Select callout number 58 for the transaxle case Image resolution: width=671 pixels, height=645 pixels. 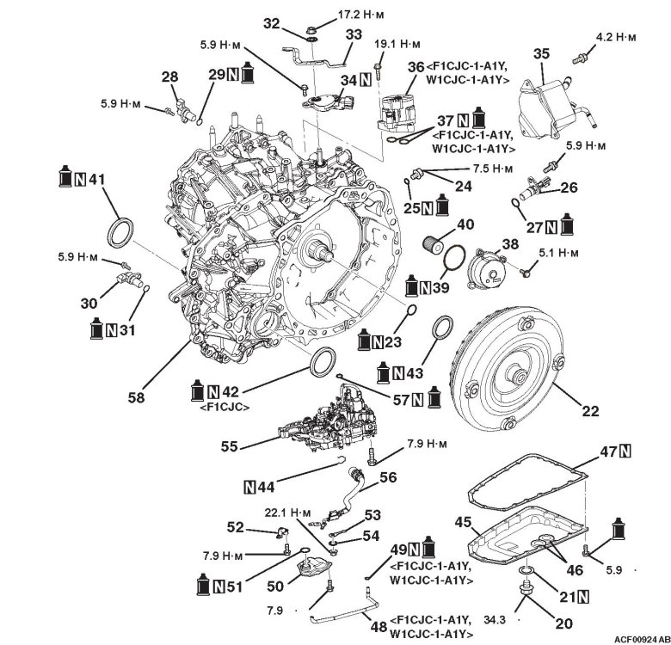click(x=136, y=398)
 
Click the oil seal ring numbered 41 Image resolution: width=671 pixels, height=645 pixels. click(x=120, y=234)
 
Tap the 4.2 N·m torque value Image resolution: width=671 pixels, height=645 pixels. click(x=615, y=37)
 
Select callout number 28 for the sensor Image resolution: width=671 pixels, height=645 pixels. click(x=169, y=77)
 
